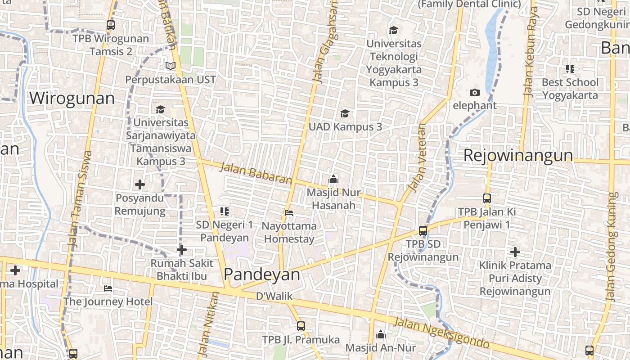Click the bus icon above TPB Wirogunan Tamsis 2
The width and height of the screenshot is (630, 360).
pos(111,25)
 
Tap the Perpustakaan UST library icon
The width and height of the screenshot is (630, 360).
pos(170,66)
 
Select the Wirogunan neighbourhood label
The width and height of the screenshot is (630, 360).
pos(72,98)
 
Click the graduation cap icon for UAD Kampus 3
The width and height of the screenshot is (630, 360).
pos(345,113)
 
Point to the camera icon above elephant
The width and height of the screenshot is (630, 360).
pos(474,92)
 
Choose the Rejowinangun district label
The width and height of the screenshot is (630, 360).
pos(518,156)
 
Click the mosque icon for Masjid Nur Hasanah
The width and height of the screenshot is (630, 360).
pos(333,180)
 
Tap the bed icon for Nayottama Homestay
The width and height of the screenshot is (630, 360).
pos(289,212)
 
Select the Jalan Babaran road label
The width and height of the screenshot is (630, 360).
pos(256,174)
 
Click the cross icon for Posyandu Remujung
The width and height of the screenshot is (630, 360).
pos(140,184)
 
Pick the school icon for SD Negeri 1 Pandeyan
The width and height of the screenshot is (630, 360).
pos(225,211)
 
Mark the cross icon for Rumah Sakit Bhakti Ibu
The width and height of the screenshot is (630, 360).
pos(182,249)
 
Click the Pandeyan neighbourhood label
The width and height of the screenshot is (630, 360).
pos(261,274)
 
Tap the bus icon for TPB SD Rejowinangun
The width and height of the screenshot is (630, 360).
pos(423,231)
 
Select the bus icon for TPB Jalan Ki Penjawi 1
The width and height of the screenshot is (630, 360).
pos(486,198)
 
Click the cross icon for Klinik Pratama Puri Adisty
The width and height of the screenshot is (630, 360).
pos(515,252)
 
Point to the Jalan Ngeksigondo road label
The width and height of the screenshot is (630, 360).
pos(441,333)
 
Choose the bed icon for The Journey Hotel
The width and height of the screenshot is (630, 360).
pos(108,288)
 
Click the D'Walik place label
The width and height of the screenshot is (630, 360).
pos(274,296)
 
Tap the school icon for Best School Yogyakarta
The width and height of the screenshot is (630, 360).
pos(570,69)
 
